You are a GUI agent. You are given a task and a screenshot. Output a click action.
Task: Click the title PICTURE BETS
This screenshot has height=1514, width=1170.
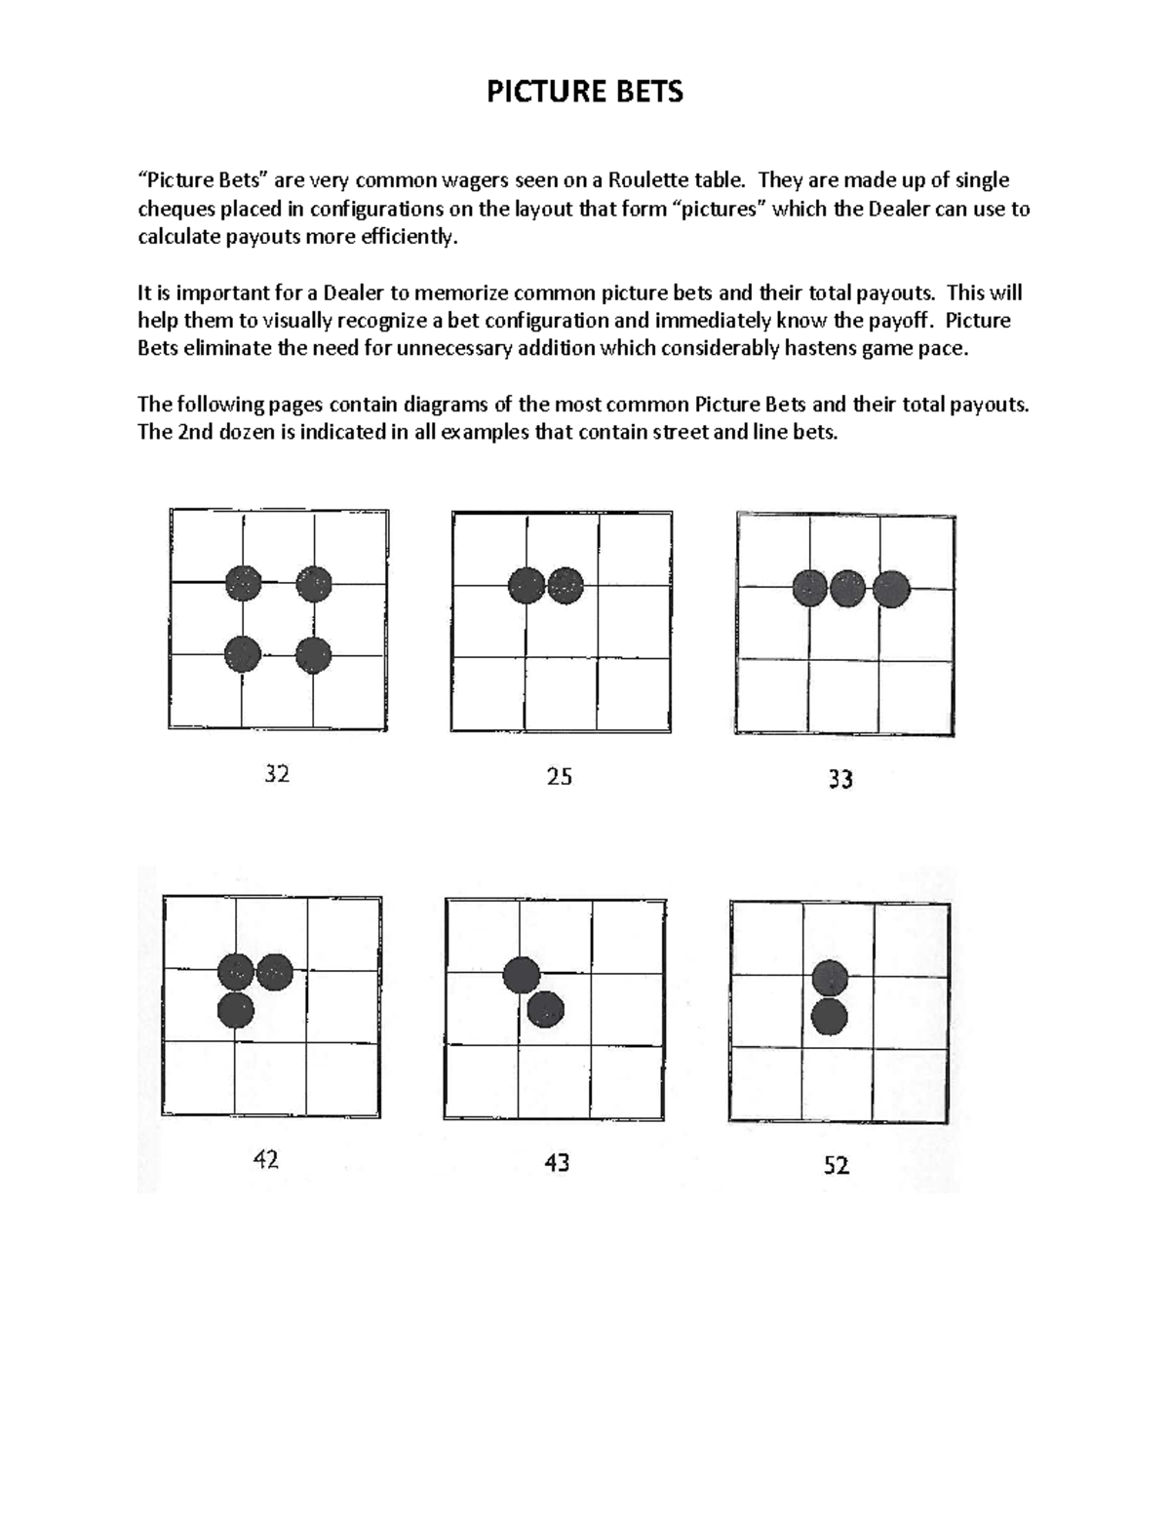coord(585,92)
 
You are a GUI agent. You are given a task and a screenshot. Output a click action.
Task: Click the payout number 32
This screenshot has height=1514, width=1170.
coord(277,774)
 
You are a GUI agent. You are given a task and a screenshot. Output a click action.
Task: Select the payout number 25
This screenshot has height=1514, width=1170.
coord(559,777)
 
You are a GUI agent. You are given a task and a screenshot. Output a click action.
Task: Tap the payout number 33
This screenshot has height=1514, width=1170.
coord(840,779)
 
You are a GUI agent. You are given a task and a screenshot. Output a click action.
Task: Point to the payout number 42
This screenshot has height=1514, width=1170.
coord(265,1159)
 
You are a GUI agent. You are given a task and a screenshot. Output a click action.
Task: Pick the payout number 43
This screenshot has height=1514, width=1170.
coord(557,1162)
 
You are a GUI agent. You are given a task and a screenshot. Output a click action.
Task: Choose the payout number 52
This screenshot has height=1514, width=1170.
coord(837,1165)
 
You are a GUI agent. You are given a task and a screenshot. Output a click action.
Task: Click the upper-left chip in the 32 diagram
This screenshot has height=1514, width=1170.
coord(244,583)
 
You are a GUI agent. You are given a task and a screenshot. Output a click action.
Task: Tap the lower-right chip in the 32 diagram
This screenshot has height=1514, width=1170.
coord(314,655)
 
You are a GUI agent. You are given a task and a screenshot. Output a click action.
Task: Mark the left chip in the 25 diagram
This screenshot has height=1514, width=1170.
coord(526,586)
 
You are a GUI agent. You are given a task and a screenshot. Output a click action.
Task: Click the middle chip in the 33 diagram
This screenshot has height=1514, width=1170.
coord(848,589)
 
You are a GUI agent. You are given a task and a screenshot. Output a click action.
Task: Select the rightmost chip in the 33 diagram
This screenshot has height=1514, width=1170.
coord(891,589)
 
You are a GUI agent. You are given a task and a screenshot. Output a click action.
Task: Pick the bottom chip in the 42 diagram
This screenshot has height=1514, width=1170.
coord(236,1009)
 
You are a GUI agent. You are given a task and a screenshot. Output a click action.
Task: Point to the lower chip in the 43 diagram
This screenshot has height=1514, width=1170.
coord(545,1010)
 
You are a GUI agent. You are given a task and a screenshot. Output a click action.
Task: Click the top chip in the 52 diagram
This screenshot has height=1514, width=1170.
coord(830,978)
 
